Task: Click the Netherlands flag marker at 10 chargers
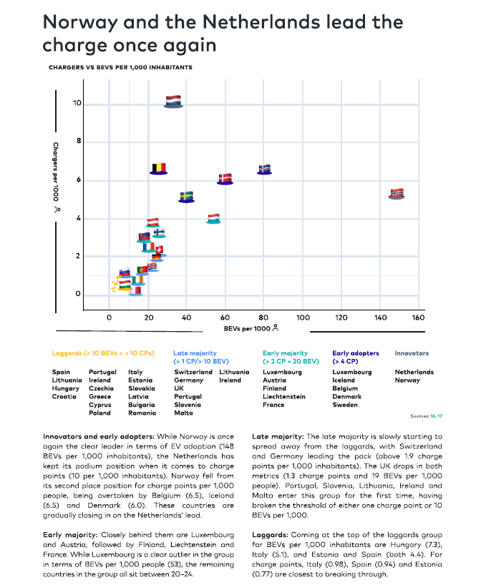coord(173,102)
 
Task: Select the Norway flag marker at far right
coord(397,194)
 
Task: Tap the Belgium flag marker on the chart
coord(159,169)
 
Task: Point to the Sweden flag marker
coord(187,197)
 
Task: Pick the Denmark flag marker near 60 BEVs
coord(225,179)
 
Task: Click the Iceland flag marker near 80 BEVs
coord(264,169)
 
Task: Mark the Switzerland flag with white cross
coord(160,251)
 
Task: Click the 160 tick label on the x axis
coord(418,318)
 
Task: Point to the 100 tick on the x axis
coord(303,318)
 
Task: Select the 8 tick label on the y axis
coord(79,141)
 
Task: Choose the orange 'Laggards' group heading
coord(103,353)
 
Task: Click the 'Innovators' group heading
coord(412,353)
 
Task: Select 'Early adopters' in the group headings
coord(356,353)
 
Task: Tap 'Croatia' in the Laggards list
coord(64,397)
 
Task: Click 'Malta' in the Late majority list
coord(183,413)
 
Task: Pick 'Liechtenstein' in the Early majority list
coord(284,397)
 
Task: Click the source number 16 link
coord(433,416)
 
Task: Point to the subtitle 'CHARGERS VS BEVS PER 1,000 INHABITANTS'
coord(121,67)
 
